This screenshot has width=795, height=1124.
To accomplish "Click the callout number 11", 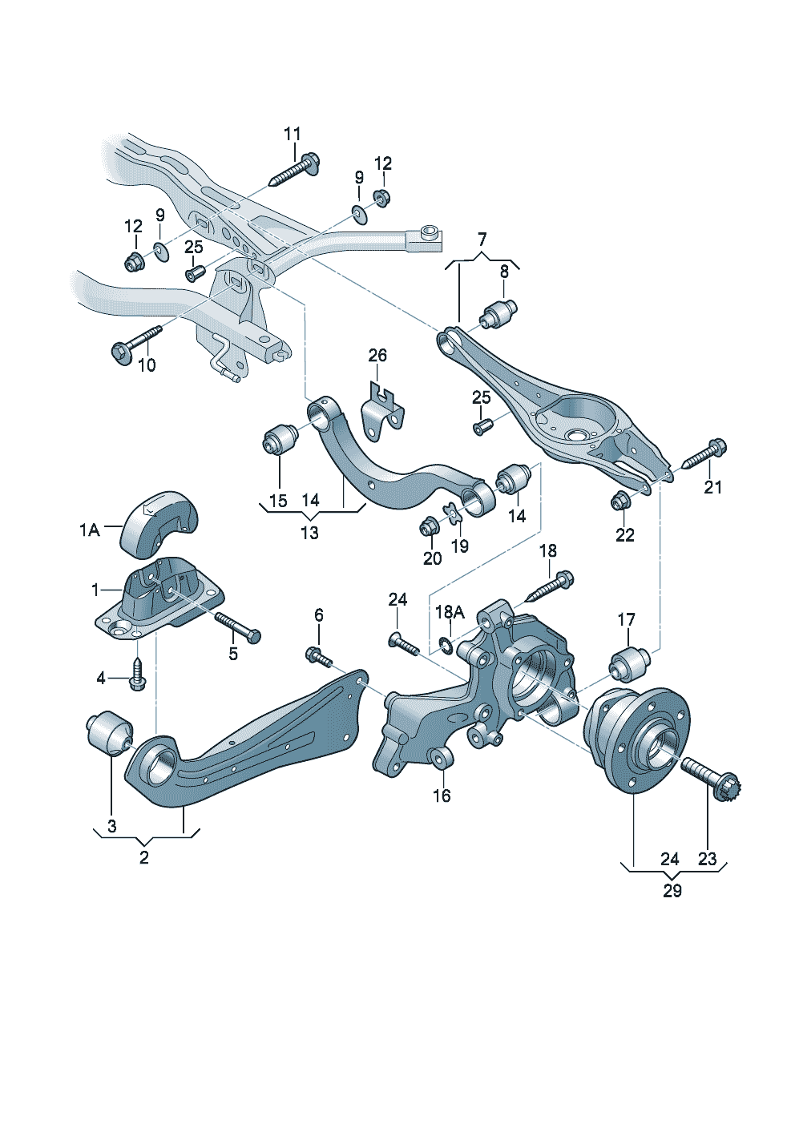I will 292,133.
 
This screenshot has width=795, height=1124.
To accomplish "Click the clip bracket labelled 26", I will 381,412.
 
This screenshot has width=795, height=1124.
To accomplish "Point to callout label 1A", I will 89,530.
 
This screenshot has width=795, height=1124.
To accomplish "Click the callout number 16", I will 442,796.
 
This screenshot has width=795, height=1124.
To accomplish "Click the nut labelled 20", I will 429,527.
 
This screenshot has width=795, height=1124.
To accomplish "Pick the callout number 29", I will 672,891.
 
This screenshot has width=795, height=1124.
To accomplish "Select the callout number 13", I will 309,533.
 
